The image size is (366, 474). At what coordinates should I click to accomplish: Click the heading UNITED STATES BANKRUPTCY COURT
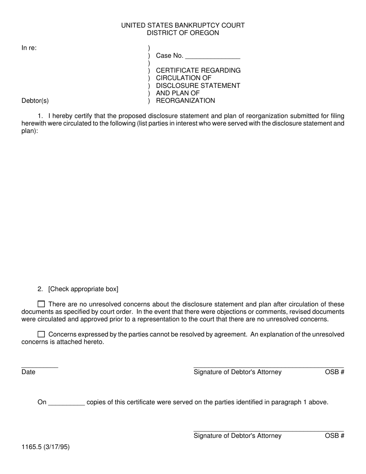[183, 25]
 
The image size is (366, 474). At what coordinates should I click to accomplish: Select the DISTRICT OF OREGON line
[183, 33]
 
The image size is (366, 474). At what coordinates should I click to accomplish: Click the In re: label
[29, 48]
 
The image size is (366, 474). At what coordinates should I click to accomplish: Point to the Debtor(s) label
[35, 101]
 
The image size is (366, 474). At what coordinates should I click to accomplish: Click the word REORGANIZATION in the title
[185, 101]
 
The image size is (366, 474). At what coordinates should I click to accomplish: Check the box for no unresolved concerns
[41, 304]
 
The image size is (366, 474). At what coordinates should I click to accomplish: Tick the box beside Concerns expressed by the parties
[41, 334]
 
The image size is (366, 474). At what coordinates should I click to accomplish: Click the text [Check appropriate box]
[83, 289]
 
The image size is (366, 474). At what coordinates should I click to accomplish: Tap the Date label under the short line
[29, 372]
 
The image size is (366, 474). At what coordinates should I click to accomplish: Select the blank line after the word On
[67, 403]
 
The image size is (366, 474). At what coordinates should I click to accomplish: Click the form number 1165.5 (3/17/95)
[45, 447]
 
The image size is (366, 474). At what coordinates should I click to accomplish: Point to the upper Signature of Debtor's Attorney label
[237, 372]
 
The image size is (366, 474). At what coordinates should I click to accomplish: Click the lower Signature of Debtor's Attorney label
[237, 436]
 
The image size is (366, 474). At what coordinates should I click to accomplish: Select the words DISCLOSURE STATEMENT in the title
[198, 86]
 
